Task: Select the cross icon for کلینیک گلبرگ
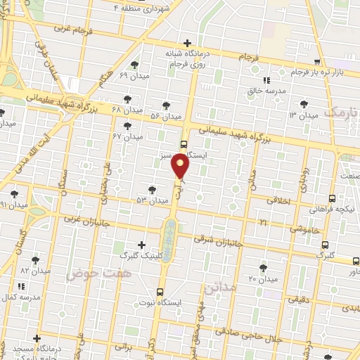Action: (x=142, y=245)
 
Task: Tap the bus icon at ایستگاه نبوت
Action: (x=160, y=292)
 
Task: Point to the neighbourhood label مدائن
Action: (x=216, y=288)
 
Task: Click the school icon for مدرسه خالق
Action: (x=266, y=81)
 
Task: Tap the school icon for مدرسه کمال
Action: (x=21, y=287)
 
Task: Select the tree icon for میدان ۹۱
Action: (x=14, y=194)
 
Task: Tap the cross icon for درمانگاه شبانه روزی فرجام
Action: (x=186, y=43)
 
